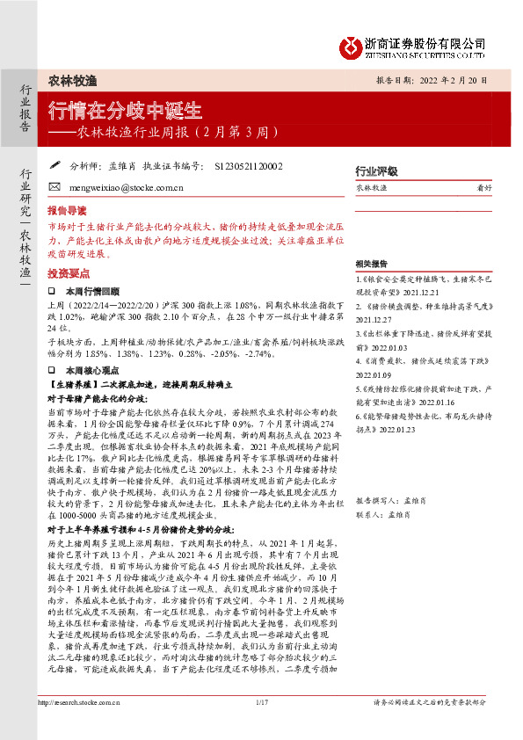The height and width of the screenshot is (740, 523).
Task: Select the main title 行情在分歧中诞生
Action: [x=125, y=112]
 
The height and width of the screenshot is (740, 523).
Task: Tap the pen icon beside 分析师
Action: [x=54, y=163]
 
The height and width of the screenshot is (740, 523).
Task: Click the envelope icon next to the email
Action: [x=54, y=187]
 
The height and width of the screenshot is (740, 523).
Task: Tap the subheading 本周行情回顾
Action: [x=93, y=290]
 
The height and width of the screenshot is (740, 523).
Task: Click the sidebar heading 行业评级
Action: [x=376, y=171]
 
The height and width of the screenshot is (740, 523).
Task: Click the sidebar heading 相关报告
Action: [x=372, y=264]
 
